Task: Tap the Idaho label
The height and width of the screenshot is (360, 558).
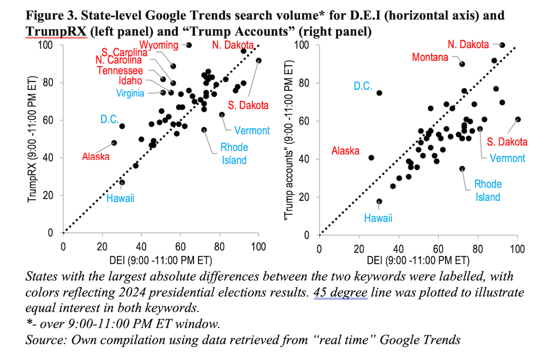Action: point(130,81)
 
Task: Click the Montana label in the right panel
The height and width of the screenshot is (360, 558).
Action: point(430,57)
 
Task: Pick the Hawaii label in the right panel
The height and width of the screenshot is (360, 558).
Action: point(378,218)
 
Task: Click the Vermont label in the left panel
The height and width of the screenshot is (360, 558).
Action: point(252,130)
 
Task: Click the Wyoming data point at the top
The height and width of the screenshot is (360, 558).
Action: point(189,45)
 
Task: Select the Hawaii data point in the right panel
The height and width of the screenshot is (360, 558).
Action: point(379,202)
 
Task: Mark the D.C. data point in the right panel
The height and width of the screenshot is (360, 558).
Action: point(379,93)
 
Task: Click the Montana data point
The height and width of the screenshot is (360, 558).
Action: point(462,64)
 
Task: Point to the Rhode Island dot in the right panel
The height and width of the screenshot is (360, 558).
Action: point(462,169)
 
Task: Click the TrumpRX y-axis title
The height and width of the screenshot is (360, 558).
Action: point(32,139)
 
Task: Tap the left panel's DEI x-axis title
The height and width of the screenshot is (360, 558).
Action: point(161,261)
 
